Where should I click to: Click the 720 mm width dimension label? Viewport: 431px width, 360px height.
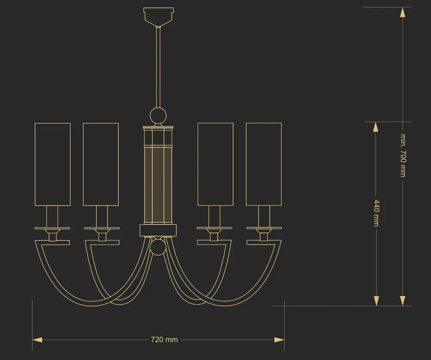[164, 340]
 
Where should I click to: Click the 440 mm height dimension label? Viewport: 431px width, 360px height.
[376, 213]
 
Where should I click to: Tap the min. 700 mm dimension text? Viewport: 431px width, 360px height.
[403, 155]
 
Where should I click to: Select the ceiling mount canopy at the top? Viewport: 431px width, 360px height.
[159, 17]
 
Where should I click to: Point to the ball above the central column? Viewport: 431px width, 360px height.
[158, 115]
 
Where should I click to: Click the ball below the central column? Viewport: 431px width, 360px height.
[158, 247]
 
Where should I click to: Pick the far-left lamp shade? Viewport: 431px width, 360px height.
[53, 164]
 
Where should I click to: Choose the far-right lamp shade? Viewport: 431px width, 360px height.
[264, 164]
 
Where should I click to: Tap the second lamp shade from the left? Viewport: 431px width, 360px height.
[101, 164]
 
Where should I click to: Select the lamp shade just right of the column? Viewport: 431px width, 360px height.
[215, 164]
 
